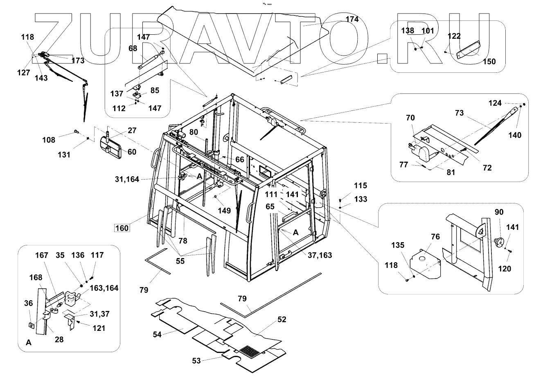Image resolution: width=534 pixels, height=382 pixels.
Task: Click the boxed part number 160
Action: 122,227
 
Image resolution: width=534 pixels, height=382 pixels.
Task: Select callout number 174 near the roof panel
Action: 351,19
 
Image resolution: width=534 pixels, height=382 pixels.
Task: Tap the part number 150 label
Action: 489,62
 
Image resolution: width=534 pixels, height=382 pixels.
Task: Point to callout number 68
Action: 133,49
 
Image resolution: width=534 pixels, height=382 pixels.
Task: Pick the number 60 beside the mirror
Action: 131,152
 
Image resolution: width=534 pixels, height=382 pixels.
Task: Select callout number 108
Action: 48,140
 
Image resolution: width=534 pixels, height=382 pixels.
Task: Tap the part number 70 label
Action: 410,118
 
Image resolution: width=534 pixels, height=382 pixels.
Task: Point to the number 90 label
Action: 499,212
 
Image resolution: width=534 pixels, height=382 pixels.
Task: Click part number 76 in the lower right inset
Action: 435,237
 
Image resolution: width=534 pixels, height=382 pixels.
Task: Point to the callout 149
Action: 224,211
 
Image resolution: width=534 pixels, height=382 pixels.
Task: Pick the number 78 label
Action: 183,240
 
